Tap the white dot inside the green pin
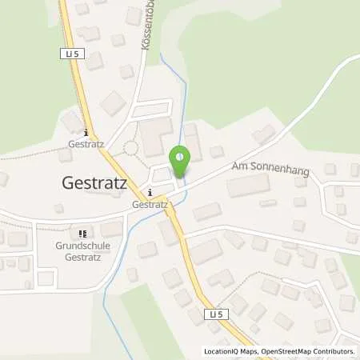[181, 157]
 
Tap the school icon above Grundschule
[83, 233]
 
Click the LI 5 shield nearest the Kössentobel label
[70, 54]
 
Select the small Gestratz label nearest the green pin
[150, 204]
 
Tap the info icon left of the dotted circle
[86, 134]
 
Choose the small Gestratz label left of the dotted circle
[86, 146]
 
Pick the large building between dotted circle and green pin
[154, 138]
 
